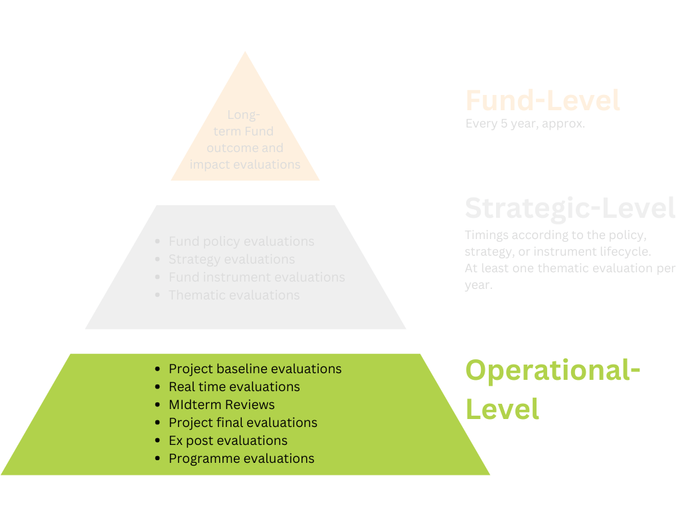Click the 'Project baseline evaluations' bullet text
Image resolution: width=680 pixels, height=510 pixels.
point(255,369)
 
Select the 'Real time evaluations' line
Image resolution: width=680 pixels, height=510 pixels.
point(234,386)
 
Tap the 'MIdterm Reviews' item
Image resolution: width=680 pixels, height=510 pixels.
point(221,404)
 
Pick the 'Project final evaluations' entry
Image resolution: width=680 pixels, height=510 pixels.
point(242,422)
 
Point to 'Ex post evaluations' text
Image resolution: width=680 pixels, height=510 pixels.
point(228,440)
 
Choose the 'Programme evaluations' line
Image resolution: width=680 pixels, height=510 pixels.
point(241,458)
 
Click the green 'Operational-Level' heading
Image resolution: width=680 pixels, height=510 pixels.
point(552,388)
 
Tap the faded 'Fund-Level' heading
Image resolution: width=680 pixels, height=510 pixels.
point(543,100)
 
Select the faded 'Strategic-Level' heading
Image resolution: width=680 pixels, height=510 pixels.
point(570,208)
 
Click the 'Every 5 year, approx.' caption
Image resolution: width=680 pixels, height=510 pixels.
point(525,124)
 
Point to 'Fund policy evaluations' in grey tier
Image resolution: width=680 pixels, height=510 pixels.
point(241,242)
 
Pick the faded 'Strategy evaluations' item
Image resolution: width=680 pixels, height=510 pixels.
point(231,259)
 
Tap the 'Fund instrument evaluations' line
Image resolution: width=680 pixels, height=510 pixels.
point(256,277)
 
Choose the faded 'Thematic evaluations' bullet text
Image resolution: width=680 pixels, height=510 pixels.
point(234,295)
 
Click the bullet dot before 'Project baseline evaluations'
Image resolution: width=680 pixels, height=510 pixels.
point(157,369)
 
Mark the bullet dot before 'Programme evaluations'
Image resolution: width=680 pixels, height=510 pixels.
point(157,458)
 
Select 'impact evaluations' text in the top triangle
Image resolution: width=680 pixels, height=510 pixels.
point(245,164)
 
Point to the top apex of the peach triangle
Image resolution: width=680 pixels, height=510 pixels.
point(246,53)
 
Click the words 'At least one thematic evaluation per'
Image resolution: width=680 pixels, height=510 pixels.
point(570,268)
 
